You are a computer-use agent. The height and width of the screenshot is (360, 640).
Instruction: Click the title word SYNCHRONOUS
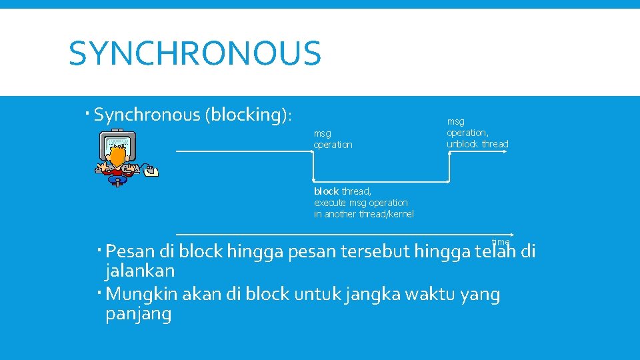(195, 54)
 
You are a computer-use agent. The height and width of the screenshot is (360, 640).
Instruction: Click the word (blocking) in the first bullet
(247, 115)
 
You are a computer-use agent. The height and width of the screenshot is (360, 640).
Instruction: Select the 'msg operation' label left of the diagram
(333, 139)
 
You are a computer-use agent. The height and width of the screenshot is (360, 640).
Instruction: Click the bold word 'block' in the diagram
(327, 191)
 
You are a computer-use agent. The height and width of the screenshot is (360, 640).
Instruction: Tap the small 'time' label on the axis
(500, 242)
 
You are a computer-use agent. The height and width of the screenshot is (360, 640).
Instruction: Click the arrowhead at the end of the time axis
(511, 235)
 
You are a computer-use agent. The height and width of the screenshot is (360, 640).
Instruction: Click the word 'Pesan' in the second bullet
(131, 252)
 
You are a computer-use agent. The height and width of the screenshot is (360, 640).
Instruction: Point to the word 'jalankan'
(140, 271)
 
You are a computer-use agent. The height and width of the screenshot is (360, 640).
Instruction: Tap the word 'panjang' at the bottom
(138, 314)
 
